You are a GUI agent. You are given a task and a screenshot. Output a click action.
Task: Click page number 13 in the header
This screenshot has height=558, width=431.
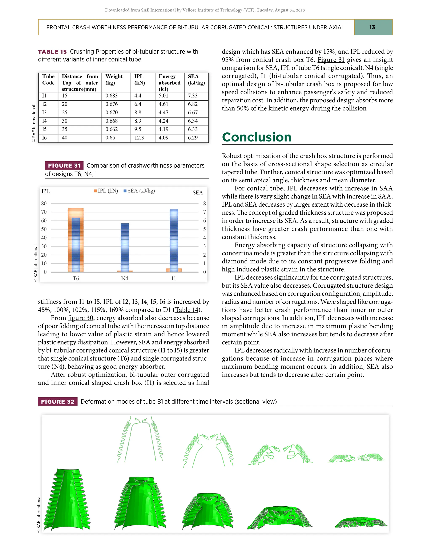coord(372,27)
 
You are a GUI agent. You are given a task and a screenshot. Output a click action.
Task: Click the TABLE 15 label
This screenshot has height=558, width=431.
coord(52,52)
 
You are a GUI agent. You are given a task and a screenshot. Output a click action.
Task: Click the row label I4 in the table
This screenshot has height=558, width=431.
coord(44,121)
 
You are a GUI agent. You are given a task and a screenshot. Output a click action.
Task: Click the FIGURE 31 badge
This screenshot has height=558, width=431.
coord(64,166)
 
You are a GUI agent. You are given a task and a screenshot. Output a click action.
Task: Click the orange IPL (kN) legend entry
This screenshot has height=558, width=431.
coord(106,191)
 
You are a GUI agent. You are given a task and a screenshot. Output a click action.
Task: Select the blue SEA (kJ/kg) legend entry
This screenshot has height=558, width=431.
coord(139,191)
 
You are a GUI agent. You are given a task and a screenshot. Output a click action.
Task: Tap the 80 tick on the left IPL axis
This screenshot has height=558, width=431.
coord(44,203)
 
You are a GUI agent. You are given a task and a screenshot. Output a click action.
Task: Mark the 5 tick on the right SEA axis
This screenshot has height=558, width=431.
coord(205,229)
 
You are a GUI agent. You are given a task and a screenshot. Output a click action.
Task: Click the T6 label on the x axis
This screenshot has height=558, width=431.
coord(76,279)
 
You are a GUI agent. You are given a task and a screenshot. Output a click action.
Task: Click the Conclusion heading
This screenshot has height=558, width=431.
coord(257,137)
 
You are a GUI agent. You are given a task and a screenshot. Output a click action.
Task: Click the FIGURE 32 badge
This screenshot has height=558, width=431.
coord(58,402)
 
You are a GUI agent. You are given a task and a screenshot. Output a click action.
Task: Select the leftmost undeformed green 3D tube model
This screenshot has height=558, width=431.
coord(67,501)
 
